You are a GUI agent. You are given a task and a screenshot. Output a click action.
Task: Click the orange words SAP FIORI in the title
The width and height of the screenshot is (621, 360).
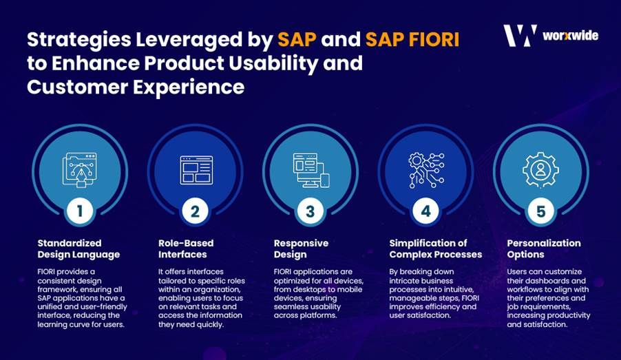[x=412, y=39]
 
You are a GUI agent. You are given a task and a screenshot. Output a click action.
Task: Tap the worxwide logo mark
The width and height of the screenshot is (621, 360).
[x=520, y=36]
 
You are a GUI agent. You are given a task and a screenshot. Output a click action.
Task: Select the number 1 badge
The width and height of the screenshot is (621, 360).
[x=80, y=211]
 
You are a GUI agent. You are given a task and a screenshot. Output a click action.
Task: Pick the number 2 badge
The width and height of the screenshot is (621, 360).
[x=195, y=211]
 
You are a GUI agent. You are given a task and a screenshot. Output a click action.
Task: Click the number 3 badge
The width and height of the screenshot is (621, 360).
[x=310, y=211]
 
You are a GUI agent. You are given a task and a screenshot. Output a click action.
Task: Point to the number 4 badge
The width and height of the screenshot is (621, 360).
[x=425, y=211]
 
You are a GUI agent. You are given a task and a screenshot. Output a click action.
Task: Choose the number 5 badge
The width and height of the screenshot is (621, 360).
[x=540, y=211]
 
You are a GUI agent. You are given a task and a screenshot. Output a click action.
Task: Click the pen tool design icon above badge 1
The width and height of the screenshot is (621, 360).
[x=79, y=170]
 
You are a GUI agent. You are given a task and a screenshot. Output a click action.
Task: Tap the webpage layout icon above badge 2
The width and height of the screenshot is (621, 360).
[x=196, y=170]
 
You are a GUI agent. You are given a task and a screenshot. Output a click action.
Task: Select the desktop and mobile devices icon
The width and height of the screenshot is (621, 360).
[x=311, y=170]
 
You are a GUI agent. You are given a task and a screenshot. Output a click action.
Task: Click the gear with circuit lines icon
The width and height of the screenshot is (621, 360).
[x=426, y=170]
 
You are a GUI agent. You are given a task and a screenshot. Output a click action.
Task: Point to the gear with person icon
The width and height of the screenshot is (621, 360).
[x=540, y=170]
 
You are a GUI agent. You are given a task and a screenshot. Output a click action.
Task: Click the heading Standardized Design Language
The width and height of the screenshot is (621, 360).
[x=78, y=248]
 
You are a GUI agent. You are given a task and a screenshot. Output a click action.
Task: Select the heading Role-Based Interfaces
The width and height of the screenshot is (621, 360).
[x=186, y=248]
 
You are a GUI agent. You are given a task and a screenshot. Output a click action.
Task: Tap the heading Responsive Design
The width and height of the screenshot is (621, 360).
[x=301, y=248]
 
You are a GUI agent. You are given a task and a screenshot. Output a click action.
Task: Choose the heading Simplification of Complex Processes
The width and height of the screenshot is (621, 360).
[x=436, y=248]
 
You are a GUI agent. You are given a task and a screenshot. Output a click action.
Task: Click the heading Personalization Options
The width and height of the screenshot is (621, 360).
[x=544, y=248]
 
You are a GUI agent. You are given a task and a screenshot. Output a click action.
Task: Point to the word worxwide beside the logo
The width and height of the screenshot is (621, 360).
[x=570, y=36]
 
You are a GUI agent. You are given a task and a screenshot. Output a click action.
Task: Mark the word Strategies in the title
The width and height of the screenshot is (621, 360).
[x=78, y=40]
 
